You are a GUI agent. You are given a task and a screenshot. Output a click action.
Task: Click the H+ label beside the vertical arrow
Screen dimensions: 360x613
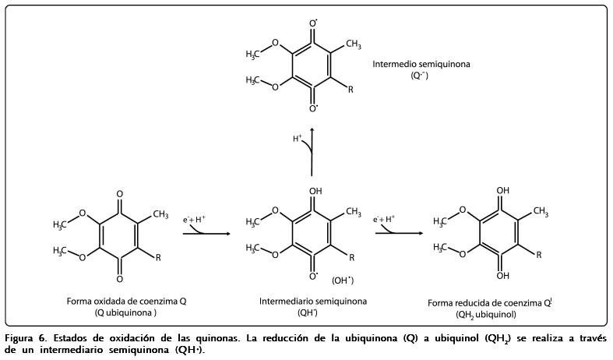298,139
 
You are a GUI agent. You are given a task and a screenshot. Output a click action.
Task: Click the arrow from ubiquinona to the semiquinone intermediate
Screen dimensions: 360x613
206,232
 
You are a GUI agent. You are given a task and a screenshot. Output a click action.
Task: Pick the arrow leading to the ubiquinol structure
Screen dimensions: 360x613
398,232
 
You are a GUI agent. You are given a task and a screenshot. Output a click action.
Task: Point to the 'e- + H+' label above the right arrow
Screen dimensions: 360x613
384,220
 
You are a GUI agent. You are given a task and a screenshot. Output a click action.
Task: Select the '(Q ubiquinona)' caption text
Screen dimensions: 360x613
126,312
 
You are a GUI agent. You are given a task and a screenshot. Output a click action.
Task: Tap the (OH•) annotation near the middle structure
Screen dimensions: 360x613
343,280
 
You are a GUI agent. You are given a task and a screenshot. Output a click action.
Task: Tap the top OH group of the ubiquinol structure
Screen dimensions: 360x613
504,189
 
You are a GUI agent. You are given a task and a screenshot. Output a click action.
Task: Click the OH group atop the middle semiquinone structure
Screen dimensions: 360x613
315,189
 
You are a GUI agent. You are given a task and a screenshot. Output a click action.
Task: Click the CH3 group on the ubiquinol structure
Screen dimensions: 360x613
541,211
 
